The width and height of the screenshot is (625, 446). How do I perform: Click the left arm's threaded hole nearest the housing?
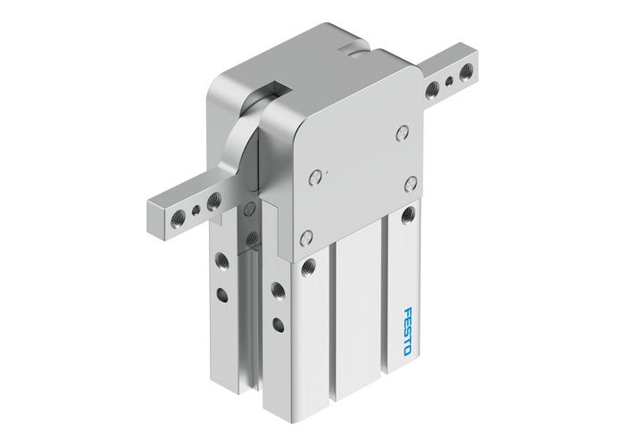coord(214,201)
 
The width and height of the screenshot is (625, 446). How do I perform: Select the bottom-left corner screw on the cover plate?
coord(306,237)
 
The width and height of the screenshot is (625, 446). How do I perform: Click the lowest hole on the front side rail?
coord(278,323)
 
